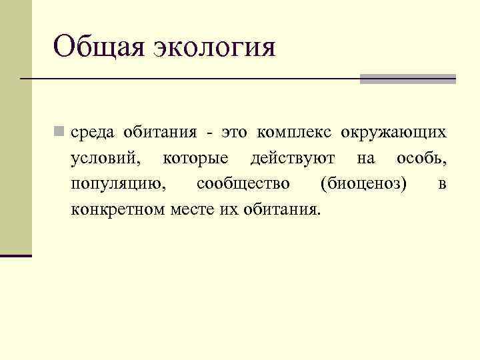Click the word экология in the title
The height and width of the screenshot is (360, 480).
[x=215, y=49]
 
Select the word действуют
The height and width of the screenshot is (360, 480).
[x=293, y=159]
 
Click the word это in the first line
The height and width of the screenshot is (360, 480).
[x=236, y=132]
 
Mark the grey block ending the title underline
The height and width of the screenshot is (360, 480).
[x=408, y=79]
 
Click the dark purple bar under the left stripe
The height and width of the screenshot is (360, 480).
[x=16, y=255]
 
